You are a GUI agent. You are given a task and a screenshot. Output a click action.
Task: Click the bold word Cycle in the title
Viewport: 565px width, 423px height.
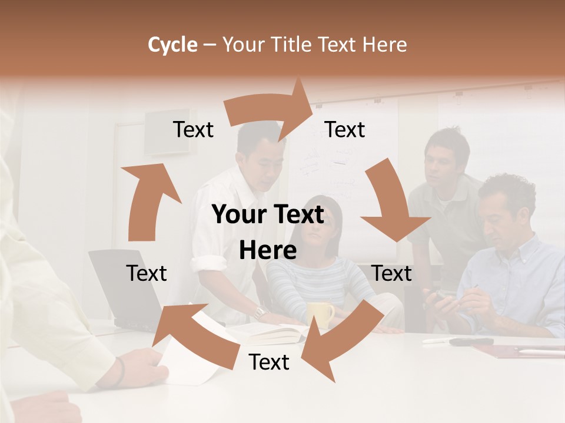click(x=172, y=45)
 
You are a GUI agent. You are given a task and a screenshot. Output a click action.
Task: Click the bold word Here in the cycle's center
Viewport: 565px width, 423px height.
click(x=268, y=251)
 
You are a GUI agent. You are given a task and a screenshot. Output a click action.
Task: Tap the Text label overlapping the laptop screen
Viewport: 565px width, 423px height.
click(x=147, y=273)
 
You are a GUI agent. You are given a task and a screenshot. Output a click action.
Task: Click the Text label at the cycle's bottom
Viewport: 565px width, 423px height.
click(x=269, y=362)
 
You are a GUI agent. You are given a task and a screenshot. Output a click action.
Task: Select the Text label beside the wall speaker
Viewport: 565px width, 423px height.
click(x=193, y=129)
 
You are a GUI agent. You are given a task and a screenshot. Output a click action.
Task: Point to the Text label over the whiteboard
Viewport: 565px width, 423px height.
click(x=345, y=129)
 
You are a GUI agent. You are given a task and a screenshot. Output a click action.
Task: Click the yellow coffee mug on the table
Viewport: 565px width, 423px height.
click(x=321, y=314)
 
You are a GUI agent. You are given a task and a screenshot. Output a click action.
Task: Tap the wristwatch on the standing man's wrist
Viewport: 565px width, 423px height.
click(x=260, y=312)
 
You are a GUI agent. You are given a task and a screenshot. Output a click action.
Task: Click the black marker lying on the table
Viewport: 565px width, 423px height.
click(x=471, y=341)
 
